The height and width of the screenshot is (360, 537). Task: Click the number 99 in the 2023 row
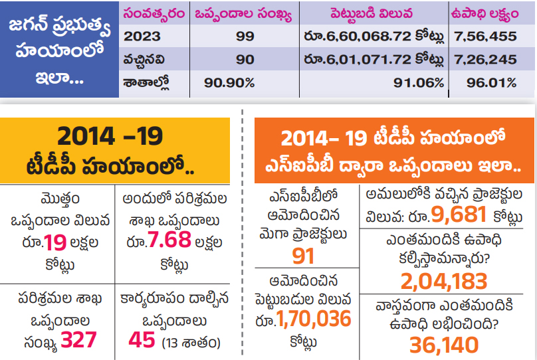coord(245,37)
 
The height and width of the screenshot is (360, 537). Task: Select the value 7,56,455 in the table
coord(484,37)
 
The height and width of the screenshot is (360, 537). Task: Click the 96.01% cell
coord(492,82)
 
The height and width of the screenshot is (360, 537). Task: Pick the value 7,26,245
coord(484,60)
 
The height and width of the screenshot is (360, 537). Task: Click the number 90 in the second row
coord(245,60)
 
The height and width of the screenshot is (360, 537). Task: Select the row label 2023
coord(142,37)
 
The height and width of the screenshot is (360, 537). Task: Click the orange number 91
coord(303,256)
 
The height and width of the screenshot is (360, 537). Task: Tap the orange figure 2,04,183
coord(444,282)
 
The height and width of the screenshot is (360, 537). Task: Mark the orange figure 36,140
coord(444,345)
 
